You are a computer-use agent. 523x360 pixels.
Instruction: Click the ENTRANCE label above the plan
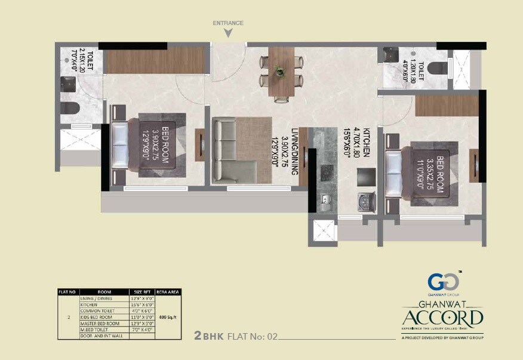[x=228, y=23]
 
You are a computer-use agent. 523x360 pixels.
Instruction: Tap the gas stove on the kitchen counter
[x=327, y=173]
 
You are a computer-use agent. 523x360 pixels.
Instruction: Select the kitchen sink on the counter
[x=326, y=201]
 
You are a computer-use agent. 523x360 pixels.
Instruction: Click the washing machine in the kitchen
[x=364, y=201]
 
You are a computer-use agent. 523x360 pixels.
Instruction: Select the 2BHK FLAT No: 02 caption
[x=236, y=336]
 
